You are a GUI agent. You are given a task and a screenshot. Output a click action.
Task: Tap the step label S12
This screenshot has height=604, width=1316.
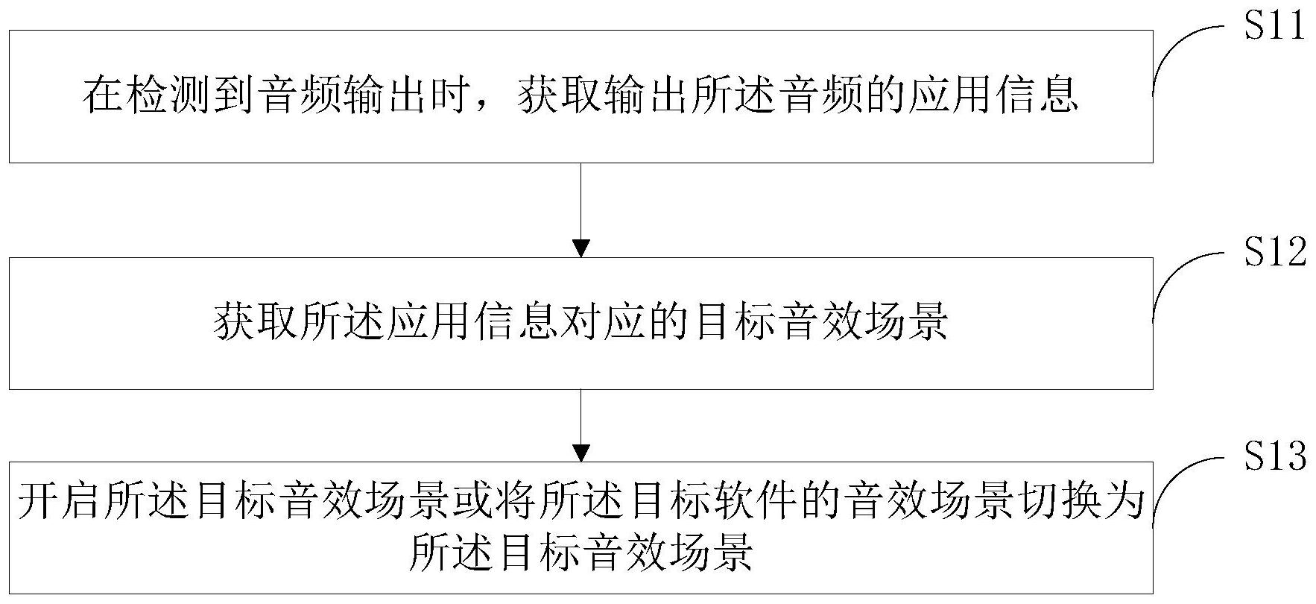coord(1274,253)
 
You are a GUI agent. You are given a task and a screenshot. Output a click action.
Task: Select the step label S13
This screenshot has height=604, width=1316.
coord(1274,456)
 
